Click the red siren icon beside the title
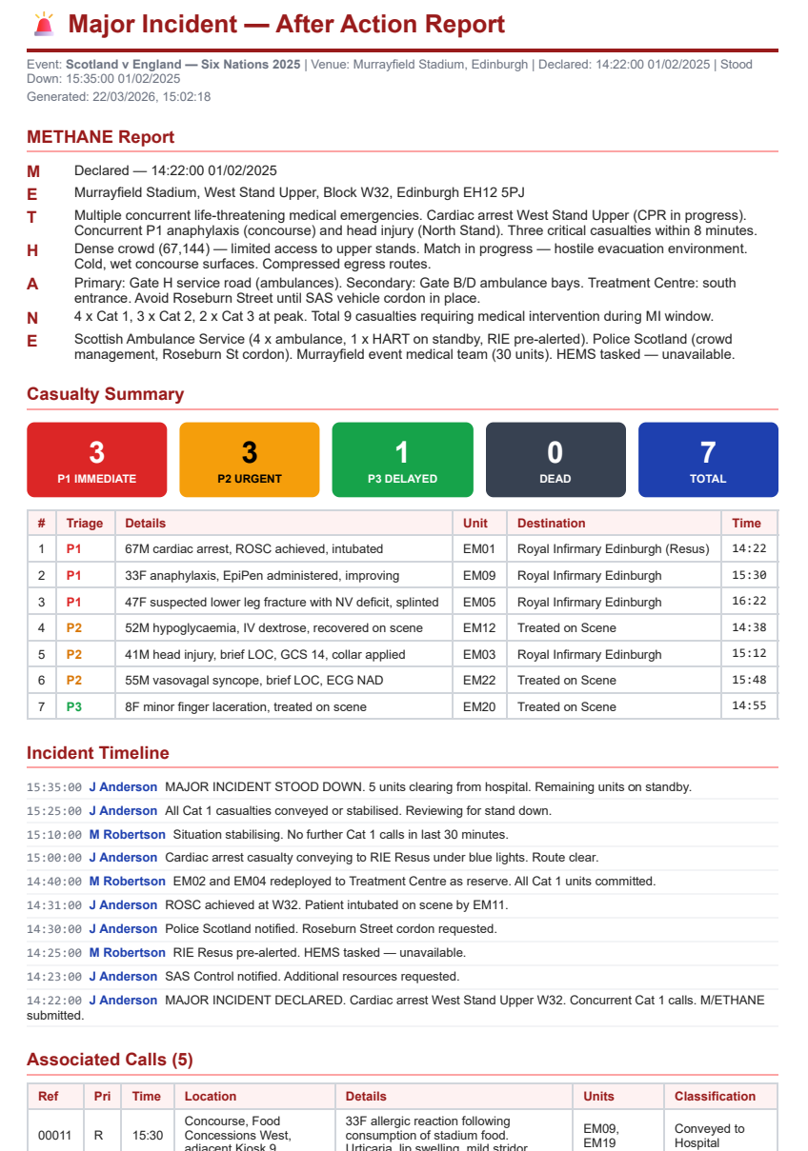coord(43,24)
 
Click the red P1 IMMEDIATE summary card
coord(97,460)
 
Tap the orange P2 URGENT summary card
coord(250,460)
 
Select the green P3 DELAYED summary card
coord(402,460)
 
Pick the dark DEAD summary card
coord(555,460)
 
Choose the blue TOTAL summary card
coord(708,460)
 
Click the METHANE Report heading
coord(100,137)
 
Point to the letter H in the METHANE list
coord(32,250)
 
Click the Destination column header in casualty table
coord(551,523)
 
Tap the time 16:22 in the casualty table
coord(748,602)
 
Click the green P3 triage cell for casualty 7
coord(73,706)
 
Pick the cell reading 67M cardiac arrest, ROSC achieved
coord(253,548)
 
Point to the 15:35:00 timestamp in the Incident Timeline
coord(53,787)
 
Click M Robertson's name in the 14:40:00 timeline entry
coord(127,882)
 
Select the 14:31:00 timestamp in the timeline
coord(53,905)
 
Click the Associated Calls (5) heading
coord(110,1060)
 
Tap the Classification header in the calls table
coord(715,1096)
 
